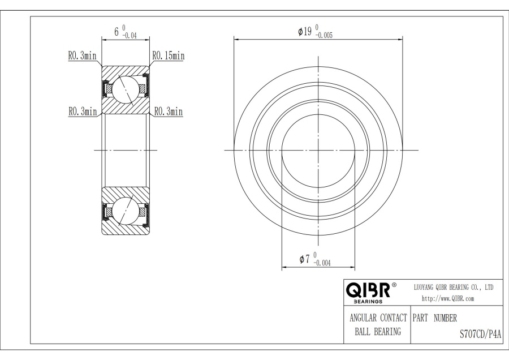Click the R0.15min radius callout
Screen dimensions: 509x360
click(x=169, y=56)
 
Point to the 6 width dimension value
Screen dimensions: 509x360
click(x=117, y=32)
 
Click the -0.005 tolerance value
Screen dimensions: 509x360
click(x=324, y=36)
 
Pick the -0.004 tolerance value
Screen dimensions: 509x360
click(x=322, y=263)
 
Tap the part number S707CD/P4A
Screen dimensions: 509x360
click(x=480, y=334)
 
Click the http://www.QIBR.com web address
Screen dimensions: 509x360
click(x=448, y=299)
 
